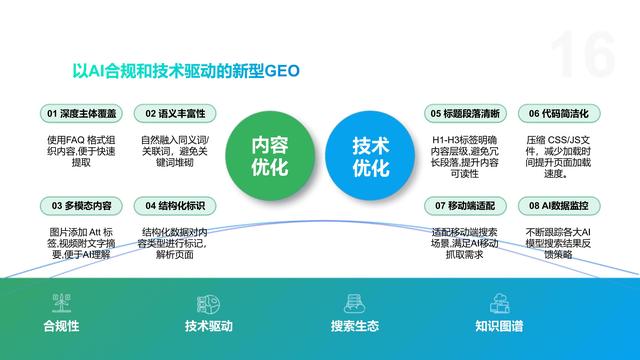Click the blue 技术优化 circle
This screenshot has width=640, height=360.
[x=371, y=156]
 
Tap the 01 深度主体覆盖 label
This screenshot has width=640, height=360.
[x=80, y=113]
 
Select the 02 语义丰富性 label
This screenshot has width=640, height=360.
[x=174, y=113]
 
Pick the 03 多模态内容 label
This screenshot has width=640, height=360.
[x=80, y=206]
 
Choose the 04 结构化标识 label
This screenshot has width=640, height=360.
[x=174, y=206]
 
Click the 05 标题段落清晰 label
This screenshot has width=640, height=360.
[x=466, y=113]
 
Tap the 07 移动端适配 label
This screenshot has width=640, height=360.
[x=466, y=206]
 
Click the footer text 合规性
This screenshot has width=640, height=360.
[x=61, y=327]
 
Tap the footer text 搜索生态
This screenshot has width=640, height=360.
[x=354, y=327]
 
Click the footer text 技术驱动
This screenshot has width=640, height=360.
[x=209, y=327]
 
